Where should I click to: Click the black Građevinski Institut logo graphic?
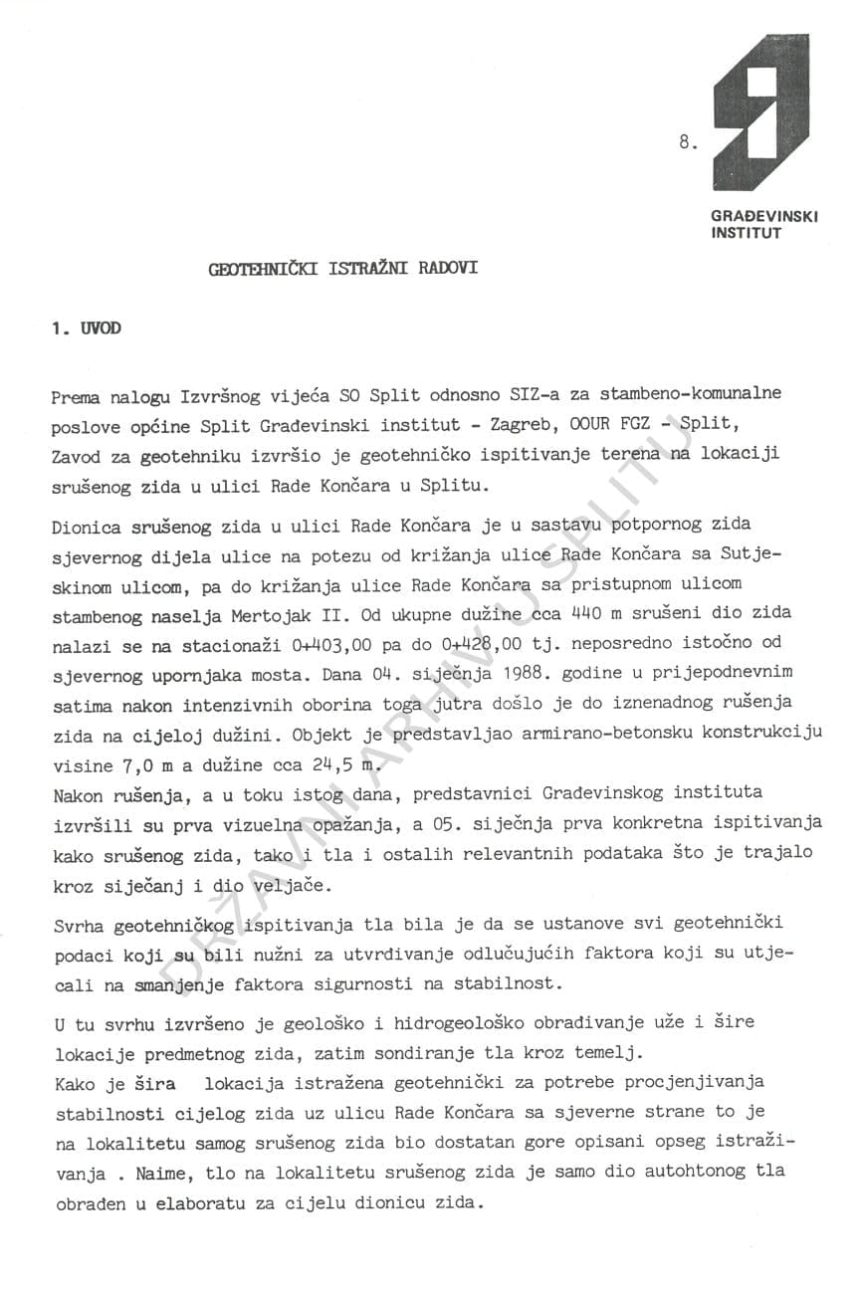pyautogui.click(x=760, y=111)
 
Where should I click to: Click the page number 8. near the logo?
pyautogui.click(x=688, y=143)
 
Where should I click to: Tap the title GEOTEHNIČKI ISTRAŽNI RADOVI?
pyautogui.click(x=342, y=269)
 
